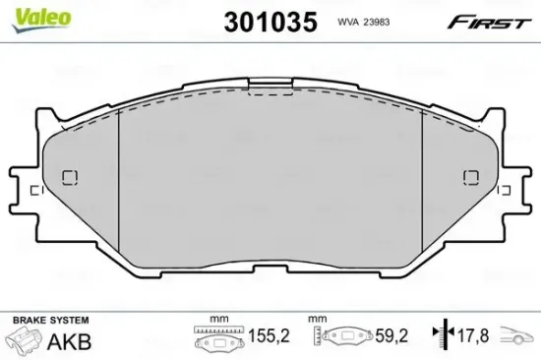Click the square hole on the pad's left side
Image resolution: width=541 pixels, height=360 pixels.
click(70, 178)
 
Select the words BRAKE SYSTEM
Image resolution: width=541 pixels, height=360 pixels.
click(49, 321)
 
